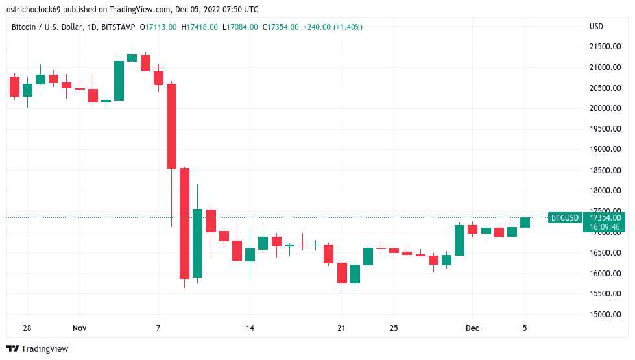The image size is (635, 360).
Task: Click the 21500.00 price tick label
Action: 605,47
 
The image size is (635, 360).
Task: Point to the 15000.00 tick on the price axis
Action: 605,315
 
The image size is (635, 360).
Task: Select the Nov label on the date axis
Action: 79,328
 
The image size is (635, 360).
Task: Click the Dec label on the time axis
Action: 472,328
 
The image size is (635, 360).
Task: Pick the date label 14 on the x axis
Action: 250,328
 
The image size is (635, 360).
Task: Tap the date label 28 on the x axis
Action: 27,328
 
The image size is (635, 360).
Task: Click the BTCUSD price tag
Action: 564,218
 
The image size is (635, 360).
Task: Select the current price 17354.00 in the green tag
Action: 605,218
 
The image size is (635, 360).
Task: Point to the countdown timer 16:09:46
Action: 605,228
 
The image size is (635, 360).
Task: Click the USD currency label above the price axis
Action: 596,27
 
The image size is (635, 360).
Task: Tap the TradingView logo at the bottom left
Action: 38,349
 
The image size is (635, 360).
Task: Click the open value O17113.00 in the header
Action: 158,27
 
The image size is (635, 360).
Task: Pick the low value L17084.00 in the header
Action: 240,27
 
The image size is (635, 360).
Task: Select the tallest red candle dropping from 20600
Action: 171,126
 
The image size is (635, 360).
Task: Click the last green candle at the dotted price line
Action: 525,222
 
